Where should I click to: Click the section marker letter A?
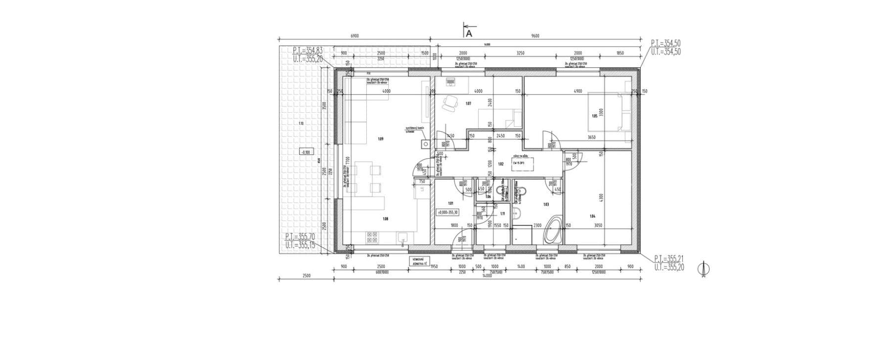point(469,34)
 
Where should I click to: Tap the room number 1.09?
point(380,139)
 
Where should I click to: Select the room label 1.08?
point(386,218)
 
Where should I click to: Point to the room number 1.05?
point(594,116)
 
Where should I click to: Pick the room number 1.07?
point(468,103)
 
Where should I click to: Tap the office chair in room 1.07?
point(450,102)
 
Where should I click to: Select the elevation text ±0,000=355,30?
point(447,212)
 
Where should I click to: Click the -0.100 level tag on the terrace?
point(305,152)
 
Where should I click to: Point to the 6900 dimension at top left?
point(354,36)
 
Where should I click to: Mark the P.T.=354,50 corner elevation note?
point(666,44)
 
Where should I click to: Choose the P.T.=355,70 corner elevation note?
point(299,237)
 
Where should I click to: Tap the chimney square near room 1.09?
point(424,144)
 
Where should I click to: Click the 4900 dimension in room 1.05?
point(578,91)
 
